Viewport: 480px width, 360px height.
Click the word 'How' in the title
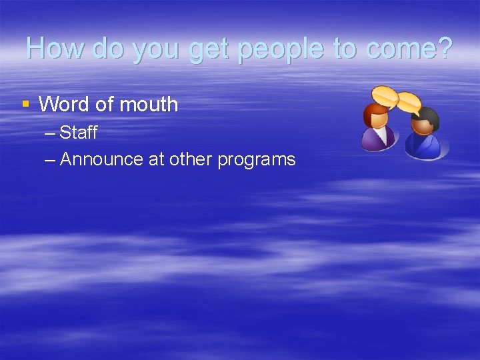click(55, 48)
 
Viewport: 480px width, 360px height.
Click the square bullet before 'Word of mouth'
click(25, 103)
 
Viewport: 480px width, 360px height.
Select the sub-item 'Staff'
click(78, 133)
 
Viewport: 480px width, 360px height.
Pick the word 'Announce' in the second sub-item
click(101, 159)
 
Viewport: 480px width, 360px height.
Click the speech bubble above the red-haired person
click(385, 96)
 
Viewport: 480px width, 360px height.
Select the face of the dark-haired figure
click(422, 125)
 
